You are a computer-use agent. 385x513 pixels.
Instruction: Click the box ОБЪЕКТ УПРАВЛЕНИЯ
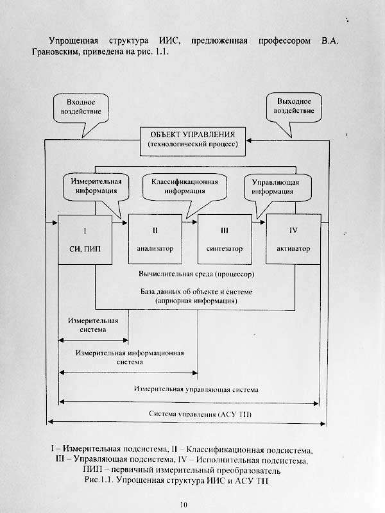193,140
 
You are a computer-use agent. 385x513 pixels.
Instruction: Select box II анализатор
155,239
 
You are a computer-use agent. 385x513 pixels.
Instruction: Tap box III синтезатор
223,239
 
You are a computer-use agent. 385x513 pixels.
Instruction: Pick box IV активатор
292,239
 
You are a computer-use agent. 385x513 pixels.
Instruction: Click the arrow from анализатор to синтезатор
189,224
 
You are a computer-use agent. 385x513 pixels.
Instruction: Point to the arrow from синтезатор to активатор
257,224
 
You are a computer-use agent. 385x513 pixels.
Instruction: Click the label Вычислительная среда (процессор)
196,274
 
